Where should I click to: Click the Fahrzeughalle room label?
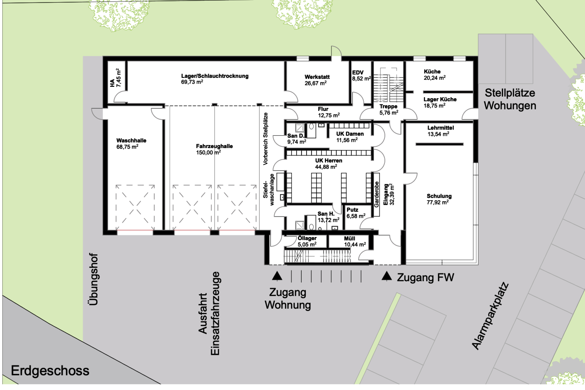214,146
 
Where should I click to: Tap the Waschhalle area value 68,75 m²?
127,147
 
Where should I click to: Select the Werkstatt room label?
317,77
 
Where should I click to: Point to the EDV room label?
358,73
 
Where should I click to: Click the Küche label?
432,72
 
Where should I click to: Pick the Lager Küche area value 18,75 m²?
434,106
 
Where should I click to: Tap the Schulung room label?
439,196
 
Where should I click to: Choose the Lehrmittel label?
441,128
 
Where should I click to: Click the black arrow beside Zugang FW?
387,276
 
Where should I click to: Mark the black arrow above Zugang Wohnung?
277,276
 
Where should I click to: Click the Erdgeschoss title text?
50,371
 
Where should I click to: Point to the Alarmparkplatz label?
490,316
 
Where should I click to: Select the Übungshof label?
94,279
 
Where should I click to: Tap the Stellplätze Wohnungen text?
510,99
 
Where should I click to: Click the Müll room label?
349,239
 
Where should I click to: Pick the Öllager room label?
307,238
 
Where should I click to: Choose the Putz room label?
352,210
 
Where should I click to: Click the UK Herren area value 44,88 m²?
326,167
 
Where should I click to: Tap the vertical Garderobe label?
377,194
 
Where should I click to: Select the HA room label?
112,83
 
